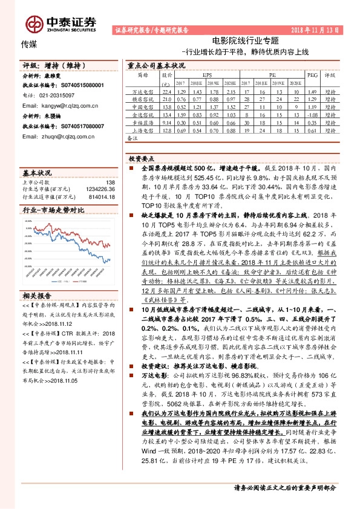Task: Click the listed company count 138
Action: coord(110,182)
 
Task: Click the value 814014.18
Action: coord(101,196)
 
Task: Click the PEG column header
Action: coord(312,76)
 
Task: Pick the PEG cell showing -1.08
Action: coord(312,113)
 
